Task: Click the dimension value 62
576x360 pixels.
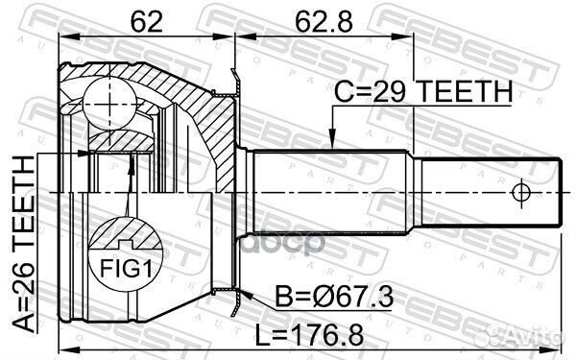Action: pos(146,21)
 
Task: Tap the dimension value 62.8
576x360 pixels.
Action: pos(324,21)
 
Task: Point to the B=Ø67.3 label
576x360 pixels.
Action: pos(334,297)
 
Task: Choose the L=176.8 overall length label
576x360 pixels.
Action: pos(309,335)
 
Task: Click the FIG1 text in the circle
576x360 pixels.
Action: pos(126,269)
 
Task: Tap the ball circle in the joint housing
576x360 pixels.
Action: pos(109,104)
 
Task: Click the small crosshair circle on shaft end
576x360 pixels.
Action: pos(521,192)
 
